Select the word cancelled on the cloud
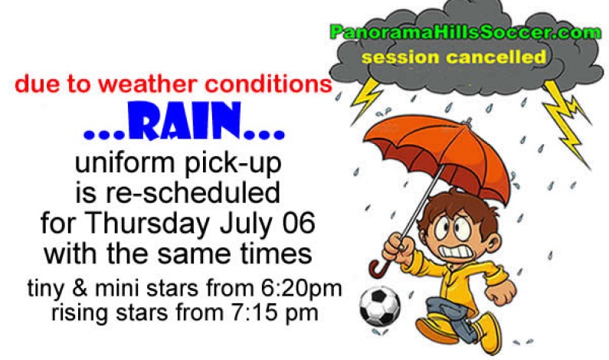pos(504,57)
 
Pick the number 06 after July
pos(296,225)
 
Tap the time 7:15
pos(264,312)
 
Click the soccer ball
pos(380,306)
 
